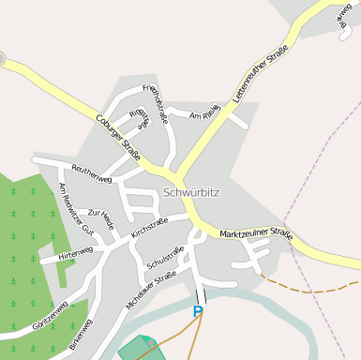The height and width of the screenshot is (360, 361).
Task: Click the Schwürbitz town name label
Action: pos(190,192)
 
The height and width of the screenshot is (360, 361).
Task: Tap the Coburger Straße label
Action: pos(118,138)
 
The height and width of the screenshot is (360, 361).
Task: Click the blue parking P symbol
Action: pos(198,311)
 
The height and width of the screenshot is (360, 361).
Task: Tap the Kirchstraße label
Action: pos(149,226)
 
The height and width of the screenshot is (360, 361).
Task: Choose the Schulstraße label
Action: pos(164,256)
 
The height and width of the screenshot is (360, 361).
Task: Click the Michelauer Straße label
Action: pos(151,290)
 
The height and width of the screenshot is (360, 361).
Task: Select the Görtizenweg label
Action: pos(49,313)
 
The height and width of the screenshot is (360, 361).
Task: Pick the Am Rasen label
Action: pos(204,112)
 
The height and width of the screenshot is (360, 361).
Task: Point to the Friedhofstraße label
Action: pos(155,103)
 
